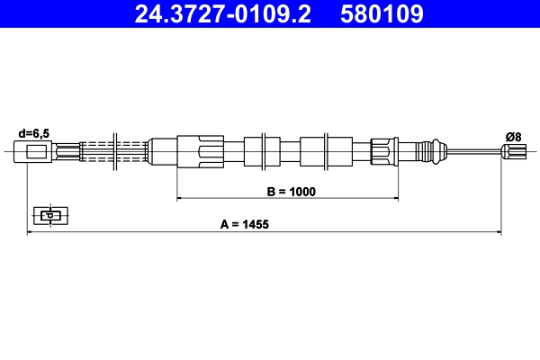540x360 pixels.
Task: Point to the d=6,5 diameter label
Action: point(34,133)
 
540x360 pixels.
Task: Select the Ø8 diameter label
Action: point(514,136)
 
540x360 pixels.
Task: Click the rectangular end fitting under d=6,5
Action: point(37,151)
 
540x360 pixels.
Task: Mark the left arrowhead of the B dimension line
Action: point(181,197)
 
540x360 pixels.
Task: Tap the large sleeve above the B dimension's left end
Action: point(200,150)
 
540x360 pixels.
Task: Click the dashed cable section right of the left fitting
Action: point(94,150)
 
